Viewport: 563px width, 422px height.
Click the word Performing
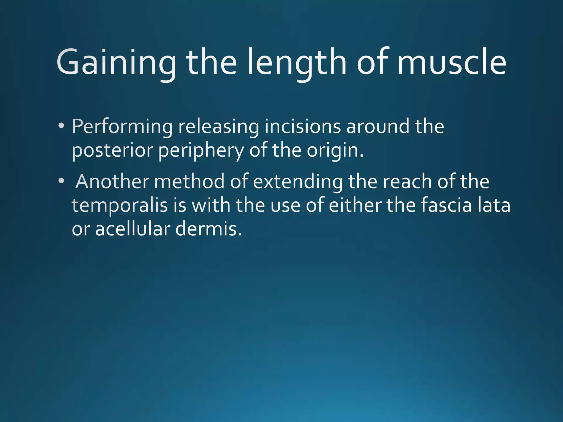point(122,127)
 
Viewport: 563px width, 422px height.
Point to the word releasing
point(219,127)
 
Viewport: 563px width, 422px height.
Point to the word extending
point(297,182)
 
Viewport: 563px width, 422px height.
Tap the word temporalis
point(120,206)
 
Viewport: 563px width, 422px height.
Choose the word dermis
point(208,229)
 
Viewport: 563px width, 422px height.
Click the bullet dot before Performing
point(61,126)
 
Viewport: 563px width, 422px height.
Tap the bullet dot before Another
point(61,181)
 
